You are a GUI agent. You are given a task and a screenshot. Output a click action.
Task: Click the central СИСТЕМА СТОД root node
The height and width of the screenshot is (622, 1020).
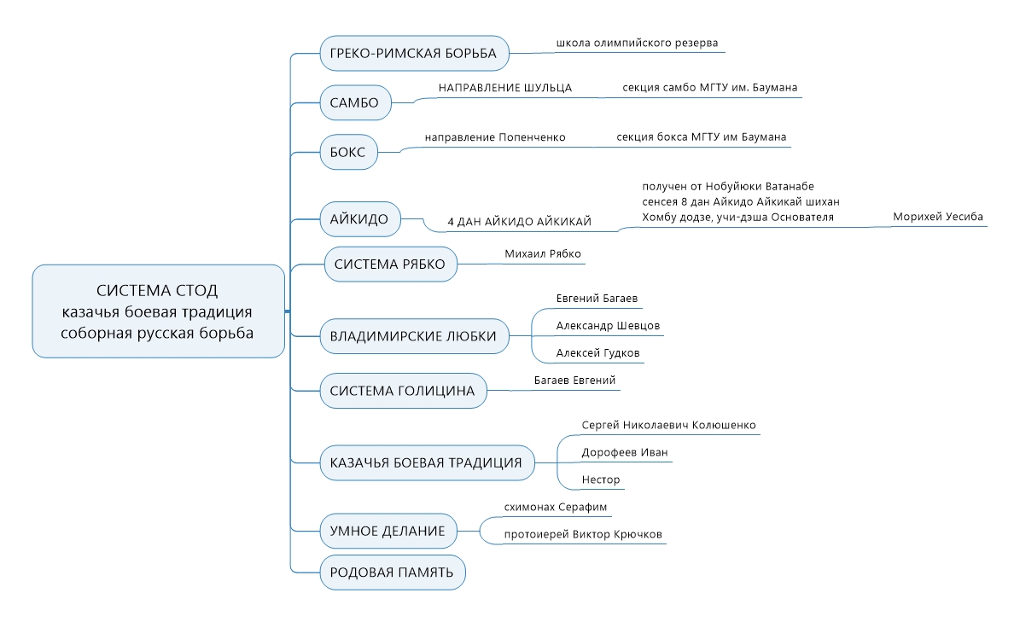tap(158, 311)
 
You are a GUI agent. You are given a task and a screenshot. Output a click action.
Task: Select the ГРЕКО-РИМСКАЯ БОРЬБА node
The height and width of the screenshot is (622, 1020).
tap(414, 53)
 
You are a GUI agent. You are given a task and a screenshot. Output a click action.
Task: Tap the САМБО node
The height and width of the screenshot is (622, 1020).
tap(355, 102)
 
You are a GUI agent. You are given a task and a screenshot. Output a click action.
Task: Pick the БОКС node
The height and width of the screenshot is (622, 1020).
tap(348, 152)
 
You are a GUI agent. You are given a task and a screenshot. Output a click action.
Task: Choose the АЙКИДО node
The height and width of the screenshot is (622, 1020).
tap(359, 219)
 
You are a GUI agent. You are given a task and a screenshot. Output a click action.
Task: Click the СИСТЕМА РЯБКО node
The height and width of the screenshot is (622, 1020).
tap(390, 264)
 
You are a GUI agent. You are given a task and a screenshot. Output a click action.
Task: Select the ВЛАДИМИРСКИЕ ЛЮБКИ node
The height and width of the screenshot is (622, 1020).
tap(414, 336)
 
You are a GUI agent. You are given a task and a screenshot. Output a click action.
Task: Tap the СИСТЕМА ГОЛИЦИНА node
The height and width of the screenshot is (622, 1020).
tap(403, 391)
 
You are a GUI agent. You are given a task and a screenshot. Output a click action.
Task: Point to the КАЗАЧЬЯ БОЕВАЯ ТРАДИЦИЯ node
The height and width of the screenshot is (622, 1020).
tap(427, 462)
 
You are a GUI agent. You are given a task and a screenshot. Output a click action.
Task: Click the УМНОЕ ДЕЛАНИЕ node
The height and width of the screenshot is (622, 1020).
tap(388, 531)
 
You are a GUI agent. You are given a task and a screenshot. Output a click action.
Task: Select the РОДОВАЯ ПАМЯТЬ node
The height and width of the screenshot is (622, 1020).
tap(393, 573)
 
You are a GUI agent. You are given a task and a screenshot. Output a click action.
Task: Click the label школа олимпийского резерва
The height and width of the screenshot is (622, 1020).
tap(637, 43)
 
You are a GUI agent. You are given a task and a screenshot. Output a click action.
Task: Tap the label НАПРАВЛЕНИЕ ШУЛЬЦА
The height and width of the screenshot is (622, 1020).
tap(504, 88)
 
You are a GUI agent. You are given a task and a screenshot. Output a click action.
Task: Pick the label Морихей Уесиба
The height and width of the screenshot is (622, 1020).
tap(937, 217)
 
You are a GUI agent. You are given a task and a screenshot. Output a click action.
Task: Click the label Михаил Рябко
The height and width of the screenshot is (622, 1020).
tap(543, 253)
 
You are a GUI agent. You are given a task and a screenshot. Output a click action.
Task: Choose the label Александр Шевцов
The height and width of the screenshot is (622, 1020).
tap(608, 326)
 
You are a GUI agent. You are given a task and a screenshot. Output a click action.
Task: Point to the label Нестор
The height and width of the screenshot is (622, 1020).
tap(600, 480)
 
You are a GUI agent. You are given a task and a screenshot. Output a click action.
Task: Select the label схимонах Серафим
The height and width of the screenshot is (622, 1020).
tap(555, 507)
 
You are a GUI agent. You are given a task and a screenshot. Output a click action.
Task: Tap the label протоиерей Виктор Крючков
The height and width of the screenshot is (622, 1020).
tap(583, 534)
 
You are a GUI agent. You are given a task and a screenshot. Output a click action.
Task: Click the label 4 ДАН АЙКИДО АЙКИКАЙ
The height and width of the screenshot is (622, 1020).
tap(519, 222)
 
